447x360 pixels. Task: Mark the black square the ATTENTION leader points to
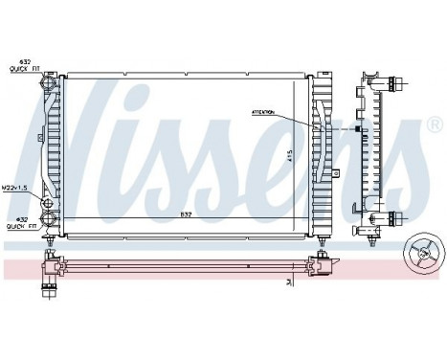[x=359, y=129]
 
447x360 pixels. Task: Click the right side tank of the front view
[x=319, y=153]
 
